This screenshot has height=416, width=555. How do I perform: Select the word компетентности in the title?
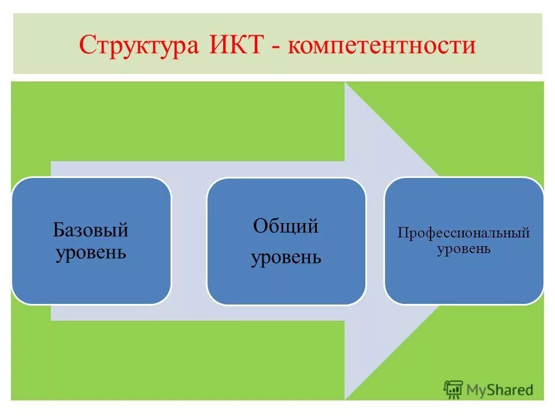[381, 46]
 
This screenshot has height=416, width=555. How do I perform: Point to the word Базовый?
[91, 231]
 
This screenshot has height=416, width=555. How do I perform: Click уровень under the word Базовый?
[91, 252]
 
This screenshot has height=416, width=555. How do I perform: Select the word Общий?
[286, 226]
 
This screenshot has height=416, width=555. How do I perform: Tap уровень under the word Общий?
[286, 257]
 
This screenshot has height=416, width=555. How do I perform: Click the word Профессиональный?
[464, 233]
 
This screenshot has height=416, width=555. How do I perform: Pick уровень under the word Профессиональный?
[464, 249]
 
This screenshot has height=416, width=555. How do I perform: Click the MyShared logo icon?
[453, 388]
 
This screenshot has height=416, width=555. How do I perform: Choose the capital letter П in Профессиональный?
[401, 233]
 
